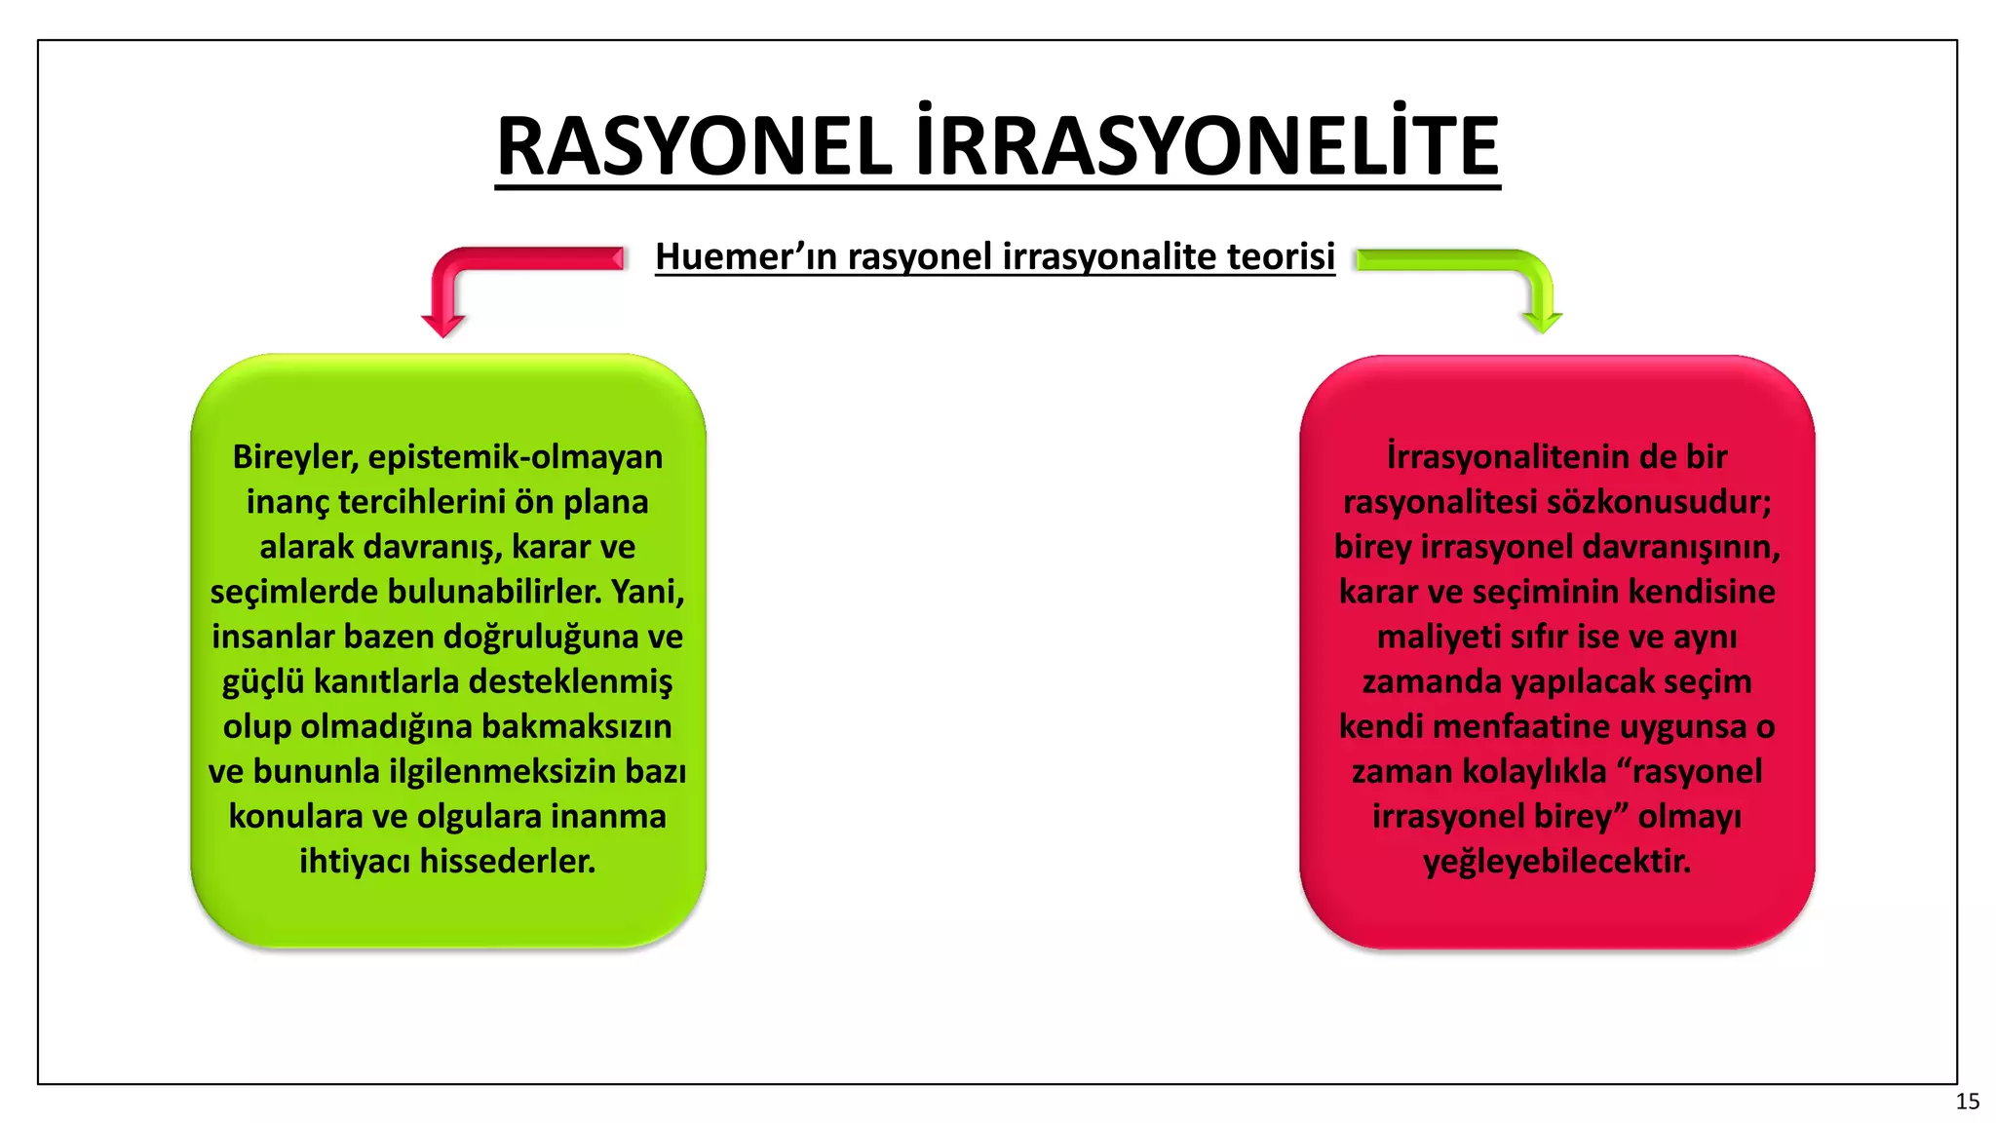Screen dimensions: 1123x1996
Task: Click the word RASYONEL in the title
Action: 694,146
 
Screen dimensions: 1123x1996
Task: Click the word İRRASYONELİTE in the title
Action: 1207,146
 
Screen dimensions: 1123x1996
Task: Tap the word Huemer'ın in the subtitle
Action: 746,256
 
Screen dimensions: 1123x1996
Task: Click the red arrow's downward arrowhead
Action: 443,326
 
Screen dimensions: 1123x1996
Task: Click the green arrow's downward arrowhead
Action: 1541,323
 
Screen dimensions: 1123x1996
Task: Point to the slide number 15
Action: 1967,1102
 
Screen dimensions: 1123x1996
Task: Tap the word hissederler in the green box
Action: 507,861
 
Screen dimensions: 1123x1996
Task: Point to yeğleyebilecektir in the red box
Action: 1556,861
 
